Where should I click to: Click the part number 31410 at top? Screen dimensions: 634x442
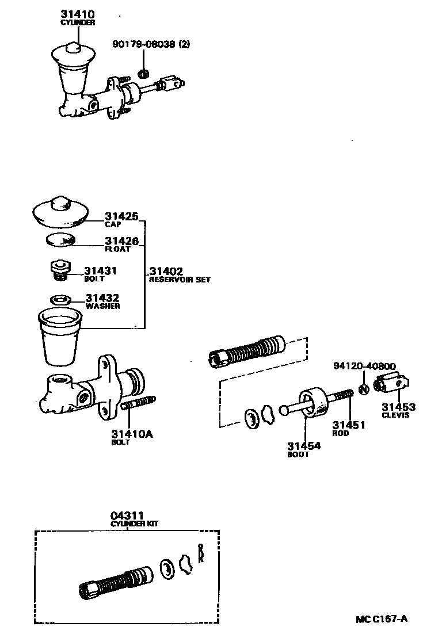tap(78, 14)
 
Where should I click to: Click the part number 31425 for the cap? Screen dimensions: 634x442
tap(121, 217)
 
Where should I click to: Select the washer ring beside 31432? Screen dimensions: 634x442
tap(60, 300)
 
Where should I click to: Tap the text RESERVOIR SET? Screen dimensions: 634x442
tap(180, 280)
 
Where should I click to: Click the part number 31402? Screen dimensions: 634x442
tap(166, 272)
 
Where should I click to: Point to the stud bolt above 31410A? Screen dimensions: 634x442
tap(139, 403)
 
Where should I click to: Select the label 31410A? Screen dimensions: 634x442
tap(132, 434)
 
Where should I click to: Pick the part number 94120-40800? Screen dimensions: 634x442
tap(364, 366)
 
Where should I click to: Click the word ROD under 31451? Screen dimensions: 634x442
tap(341, 433)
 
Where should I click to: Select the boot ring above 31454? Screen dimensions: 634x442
tap(314, 402)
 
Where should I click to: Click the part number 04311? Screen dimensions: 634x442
tap(127, 516)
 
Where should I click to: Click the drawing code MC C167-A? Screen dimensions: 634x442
tap(381, 619)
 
